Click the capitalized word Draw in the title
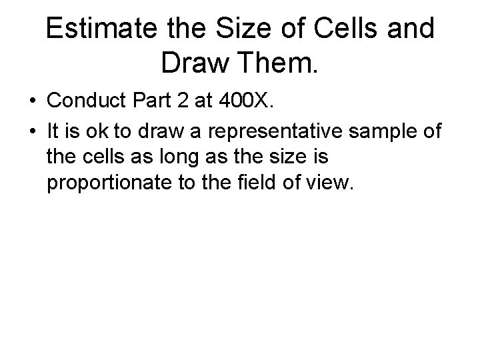coord(191,65)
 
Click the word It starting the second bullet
coord(53,132)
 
